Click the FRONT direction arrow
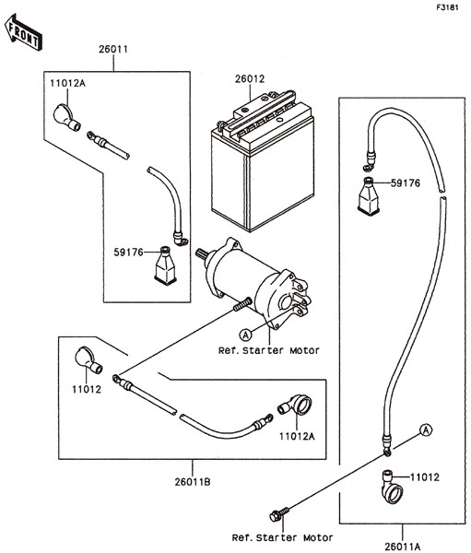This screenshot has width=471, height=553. tap(23, 32)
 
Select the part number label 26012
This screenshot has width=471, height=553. tap(250, 78)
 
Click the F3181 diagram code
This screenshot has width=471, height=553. tap(447, 7)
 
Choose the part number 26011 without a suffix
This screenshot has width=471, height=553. tap(112, 49)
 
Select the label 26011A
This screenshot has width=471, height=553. tap(403, 547)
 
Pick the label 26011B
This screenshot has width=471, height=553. tap(193, 481)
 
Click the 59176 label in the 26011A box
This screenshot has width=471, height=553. tap(406, 183)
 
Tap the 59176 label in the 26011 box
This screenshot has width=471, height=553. tap(128, 253)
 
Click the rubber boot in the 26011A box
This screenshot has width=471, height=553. tap(369, 195)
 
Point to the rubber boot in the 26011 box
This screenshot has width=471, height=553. tap(165, 265)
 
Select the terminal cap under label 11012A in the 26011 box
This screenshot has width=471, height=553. tap(66, 117)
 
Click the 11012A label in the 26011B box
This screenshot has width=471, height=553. tap(297, 436)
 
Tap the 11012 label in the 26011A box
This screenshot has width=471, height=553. tap(425, 477)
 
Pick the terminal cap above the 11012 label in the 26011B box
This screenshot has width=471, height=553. tap(88, 360)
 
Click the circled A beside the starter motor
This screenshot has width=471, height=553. tap(245, 335)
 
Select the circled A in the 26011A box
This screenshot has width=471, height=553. tap(426, 429)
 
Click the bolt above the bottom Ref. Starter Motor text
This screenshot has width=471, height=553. tap(279, 514)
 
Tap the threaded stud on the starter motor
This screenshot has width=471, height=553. tap(242, 304)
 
